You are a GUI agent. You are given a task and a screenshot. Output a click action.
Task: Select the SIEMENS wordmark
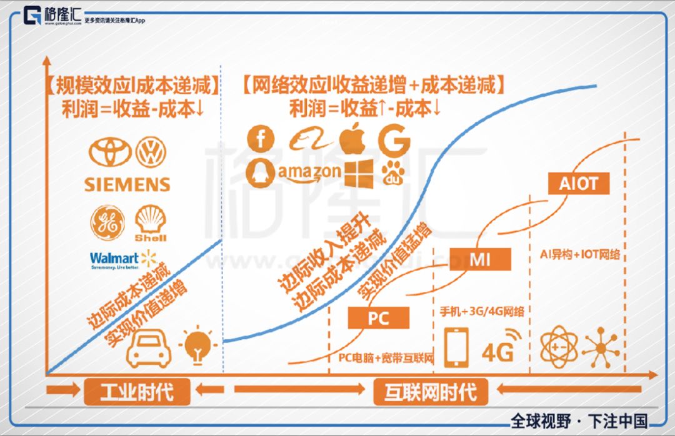(x=127, y=184)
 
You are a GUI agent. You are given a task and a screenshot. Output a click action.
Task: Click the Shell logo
(x=151, y=223)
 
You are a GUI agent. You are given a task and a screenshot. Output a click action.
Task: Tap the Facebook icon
(x=261, y=138)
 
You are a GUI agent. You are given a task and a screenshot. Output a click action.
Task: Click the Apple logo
(x=352, y=139)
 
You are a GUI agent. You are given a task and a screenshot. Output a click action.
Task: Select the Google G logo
(x=394, y=139)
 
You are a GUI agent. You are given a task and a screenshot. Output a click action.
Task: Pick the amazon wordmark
(x=310, y=172)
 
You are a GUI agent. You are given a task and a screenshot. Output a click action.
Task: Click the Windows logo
(x=358, y=173)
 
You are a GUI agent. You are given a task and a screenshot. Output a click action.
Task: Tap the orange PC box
(x=379, y=318)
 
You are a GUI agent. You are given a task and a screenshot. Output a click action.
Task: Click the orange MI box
(x=480, y=259)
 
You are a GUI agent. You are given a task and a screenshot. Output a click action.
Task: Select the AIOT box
(x=578, y=183)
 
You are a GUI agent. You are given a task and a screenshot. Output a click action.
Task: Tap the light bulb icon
(x=197, y=345)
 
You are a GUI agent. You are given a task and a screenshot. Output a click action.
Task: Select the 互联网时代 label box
(x=431, y=392)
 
